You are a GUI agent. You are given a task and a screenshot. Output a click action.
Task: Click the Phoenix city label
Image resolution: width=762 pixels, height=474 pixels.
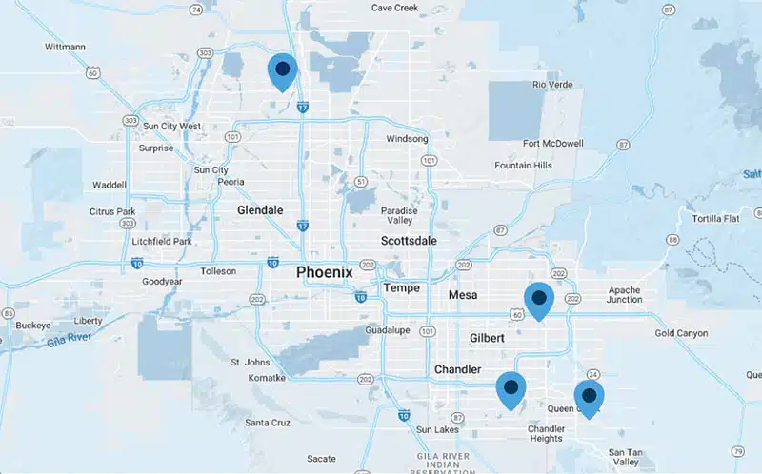(324, 272)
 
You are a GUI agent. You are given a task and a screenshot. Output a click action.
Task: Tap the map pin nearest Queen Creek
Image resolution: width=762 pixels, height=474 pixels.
(589, 396)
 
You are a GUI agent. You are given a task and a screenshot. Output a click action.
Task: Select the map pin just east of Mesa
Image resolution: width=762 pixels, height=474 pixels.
(538, 299)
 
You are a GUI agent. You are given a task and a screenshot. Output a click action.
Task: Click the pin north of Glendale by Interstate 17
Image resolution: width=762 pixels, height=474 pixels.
(282, 69)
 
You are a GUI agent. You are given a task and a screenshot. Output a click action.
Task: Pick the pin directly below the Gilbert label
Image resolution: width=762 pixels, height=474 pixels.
(511, 388)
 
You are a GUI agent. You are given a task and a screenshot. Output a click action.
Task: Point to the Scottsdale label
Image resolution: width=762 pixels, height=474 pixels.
(409, 241)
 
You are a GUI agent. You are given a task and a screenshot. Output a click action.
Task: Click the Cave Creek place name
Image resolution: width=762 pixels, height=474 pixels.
(394, 8)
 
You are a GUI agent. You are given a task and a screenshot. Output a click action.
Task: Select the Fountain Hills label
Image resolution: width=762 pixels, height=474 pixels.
(523, 165)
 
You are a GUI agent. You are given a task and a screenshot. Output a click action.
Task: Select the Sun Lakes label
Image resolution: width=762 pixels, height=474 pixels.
(436, 429)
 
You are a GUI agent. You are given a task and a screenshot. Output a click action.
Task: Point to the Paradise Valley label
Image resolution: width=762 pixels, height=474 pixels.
(399, 216)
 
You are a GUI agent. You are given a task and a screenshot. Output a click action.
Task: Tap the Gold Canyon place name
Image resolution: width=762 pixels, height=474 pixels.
(681, 333)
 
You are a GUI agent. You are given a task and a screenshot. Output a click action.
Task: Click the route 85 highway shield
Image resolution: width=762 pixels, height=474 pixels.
(8, 312)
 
